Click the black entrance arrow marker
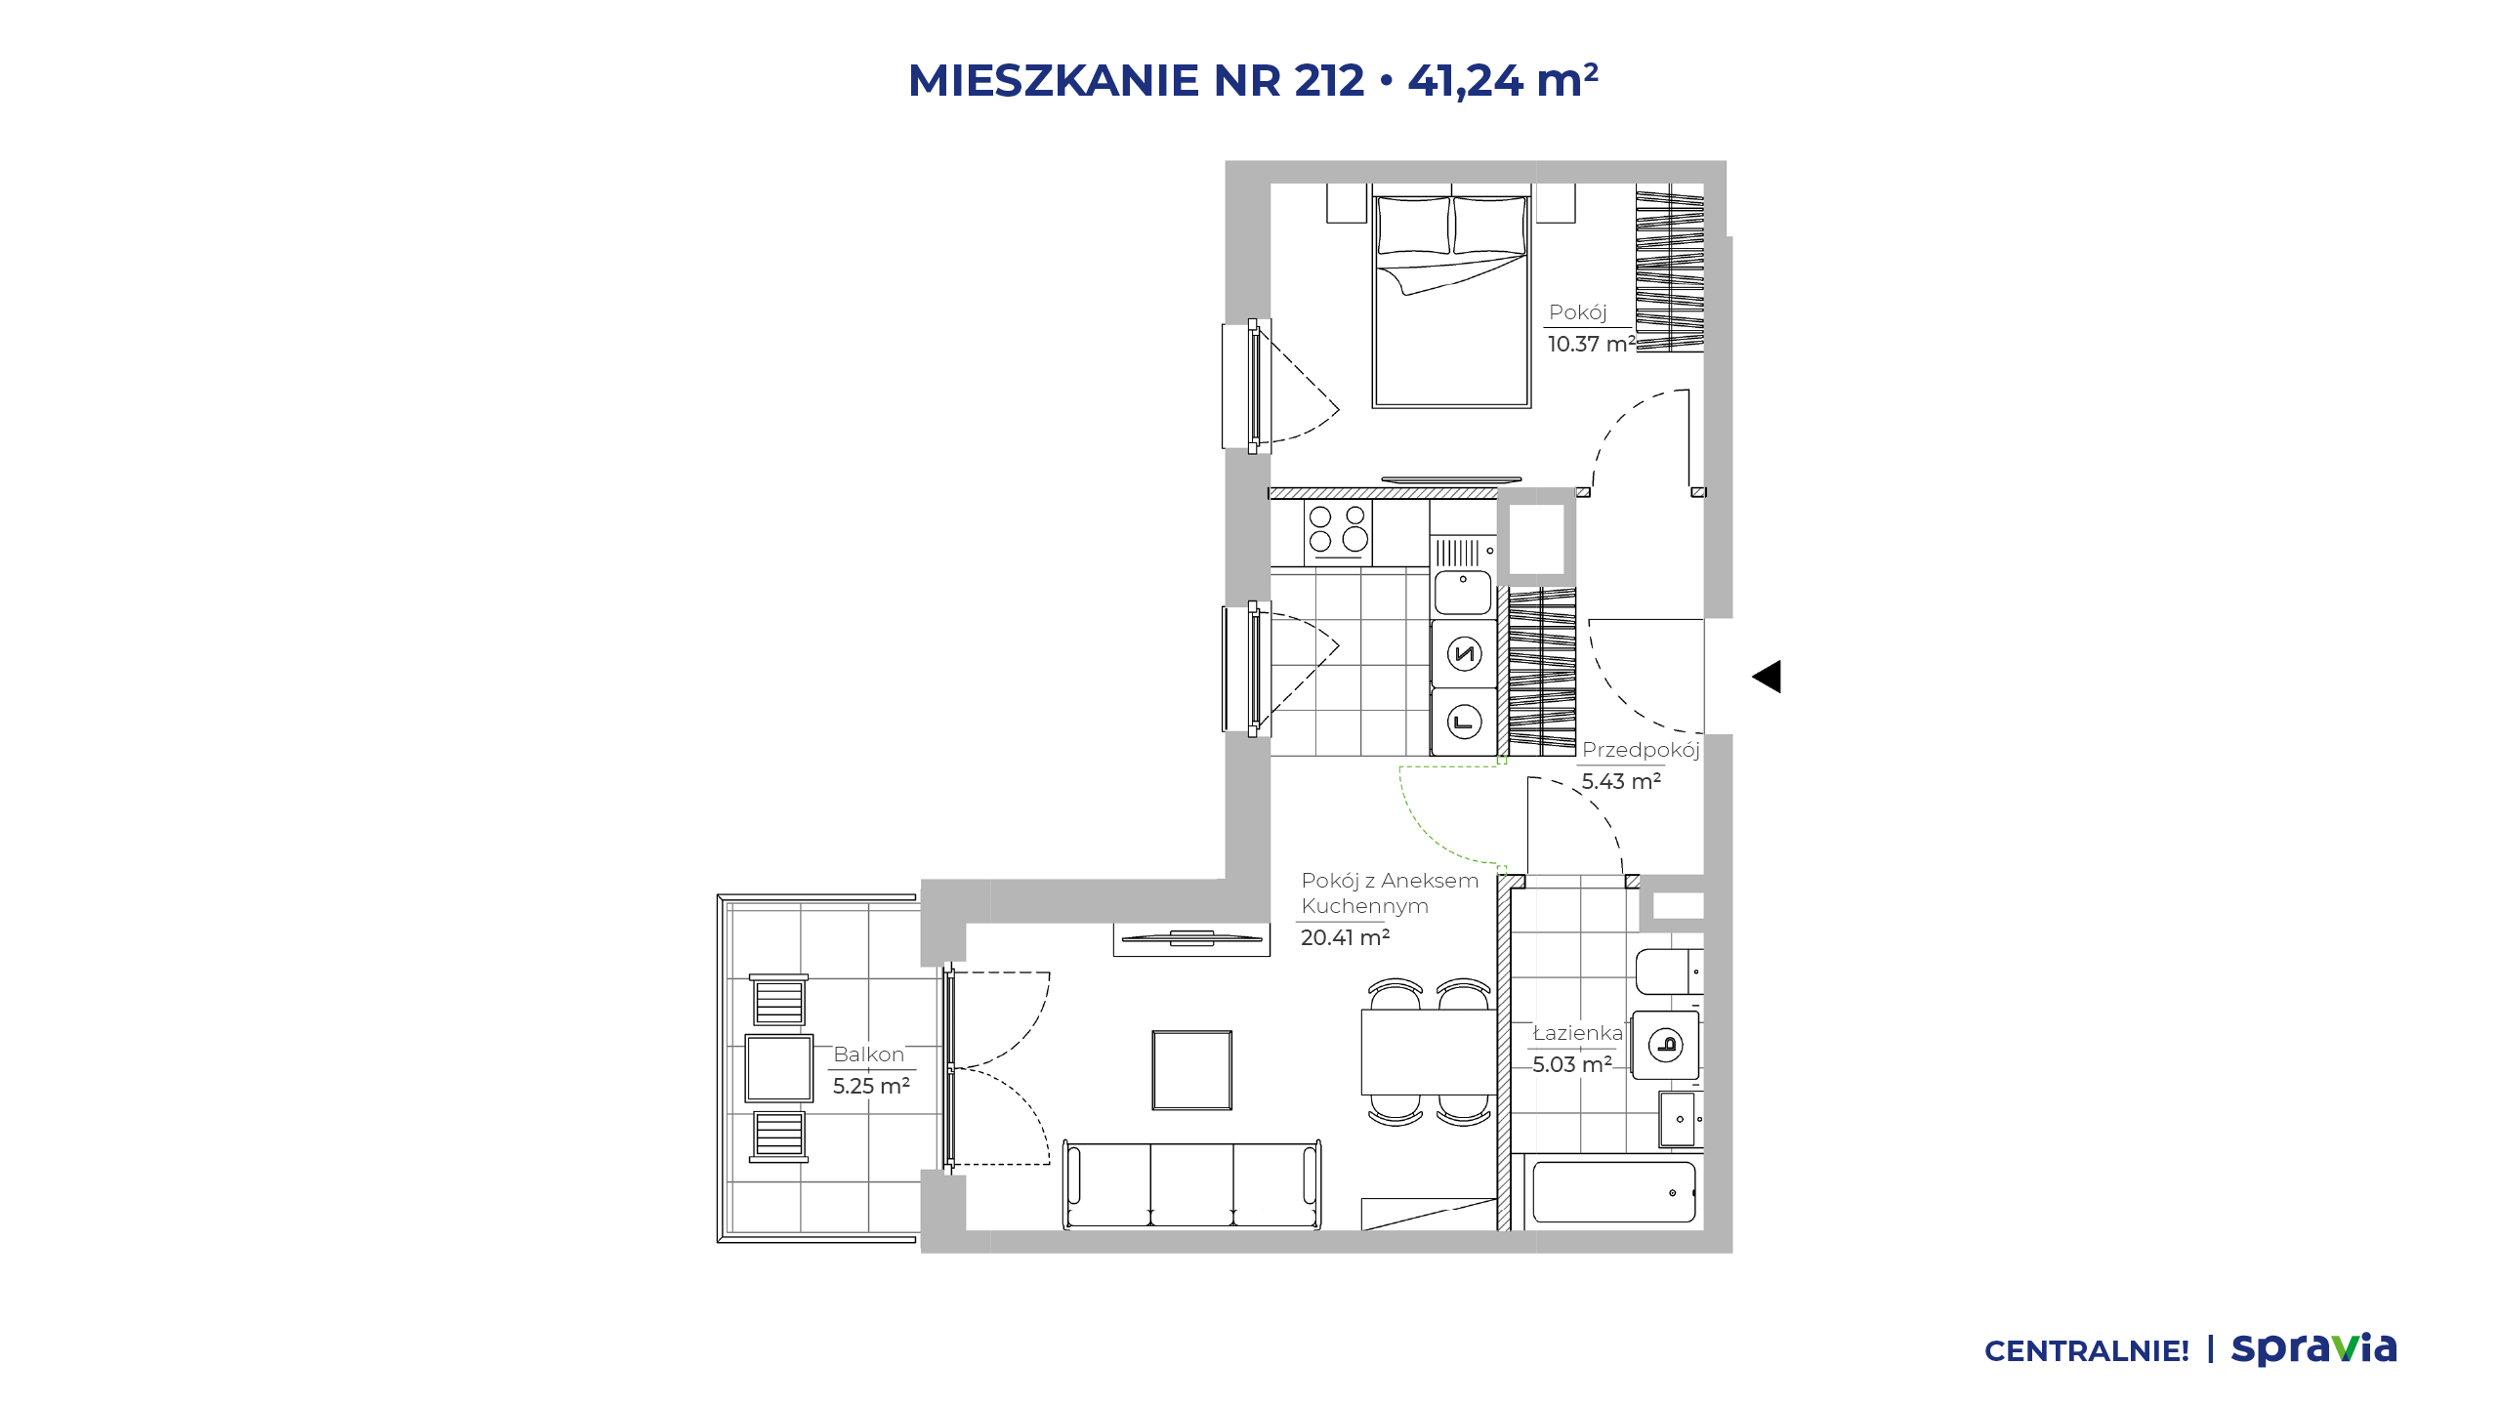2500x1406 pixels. [1767, 677]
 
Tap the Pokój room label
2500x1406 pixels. [1577, 312]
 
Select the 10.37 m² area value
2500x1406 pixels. [1591, 344]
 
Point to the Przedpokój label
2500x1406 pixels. [1641, 750]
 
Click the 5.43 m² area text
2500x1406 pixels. [1621, 781]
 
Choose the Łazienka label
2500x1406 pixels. [1578, 1032]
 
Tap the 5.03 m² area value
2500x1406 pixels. [1572, 1064]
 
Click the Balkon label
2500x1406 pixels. [869, 1054]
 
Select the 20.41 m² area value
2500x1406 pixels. [1345, 937]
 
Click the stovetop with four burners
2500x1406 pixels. [1338, 531]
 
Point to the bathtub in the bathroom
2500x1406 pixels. [1614, 1192]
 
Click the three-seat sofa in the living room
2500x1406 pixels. [1191, 1183]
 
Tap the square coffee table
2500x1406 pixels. [1191, 1070]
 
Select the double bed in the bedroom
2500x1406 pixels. [1451, 301]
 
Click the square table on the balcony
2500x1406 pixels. [779, 1068]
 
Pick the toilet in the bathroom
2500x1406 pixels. [1669, 972]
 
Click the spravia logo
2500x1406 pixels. [2314, 1349]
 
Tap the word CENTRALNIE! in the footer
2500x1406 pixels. [2087, 1351]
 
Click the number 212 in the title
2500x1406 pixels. [1329, 80]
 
